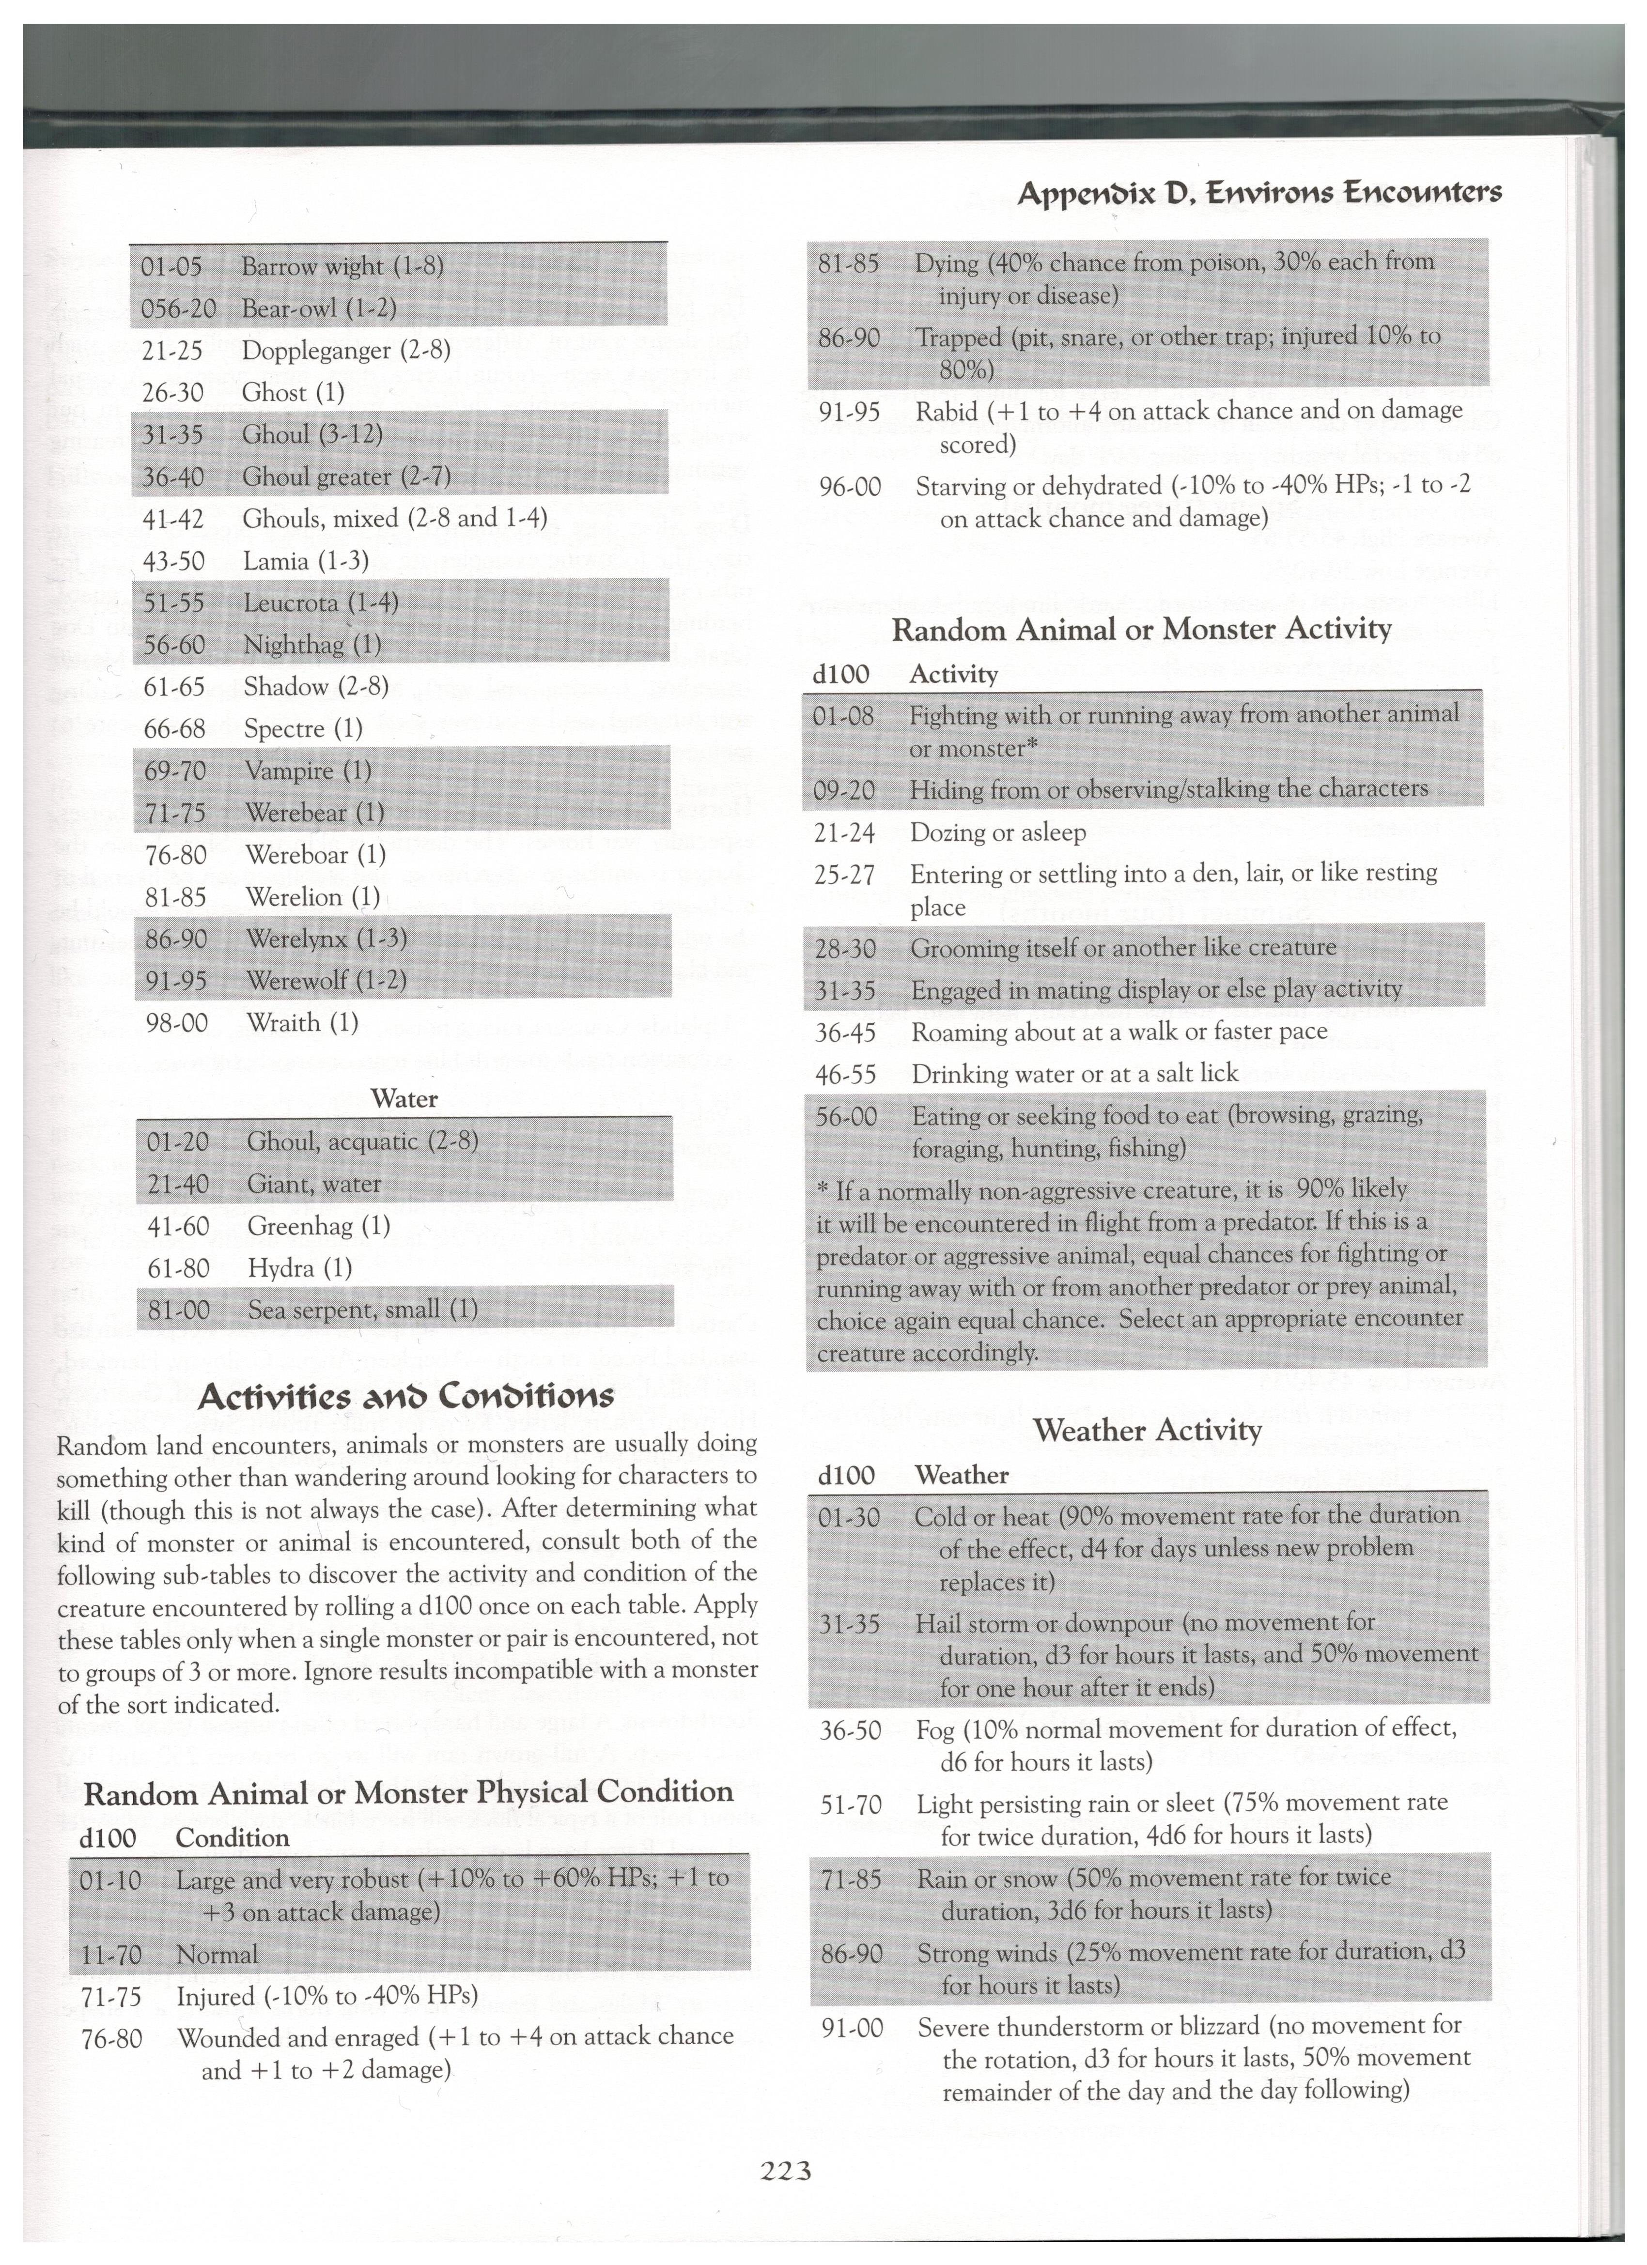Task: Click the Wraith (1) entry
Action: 302,1023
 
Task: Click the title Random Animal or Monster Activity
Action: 1141,629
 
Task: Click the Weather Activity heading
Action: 1148,1430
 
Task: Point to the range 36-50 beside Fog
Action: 850,1730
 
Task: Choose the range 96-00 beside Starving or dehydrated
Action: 849,487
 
